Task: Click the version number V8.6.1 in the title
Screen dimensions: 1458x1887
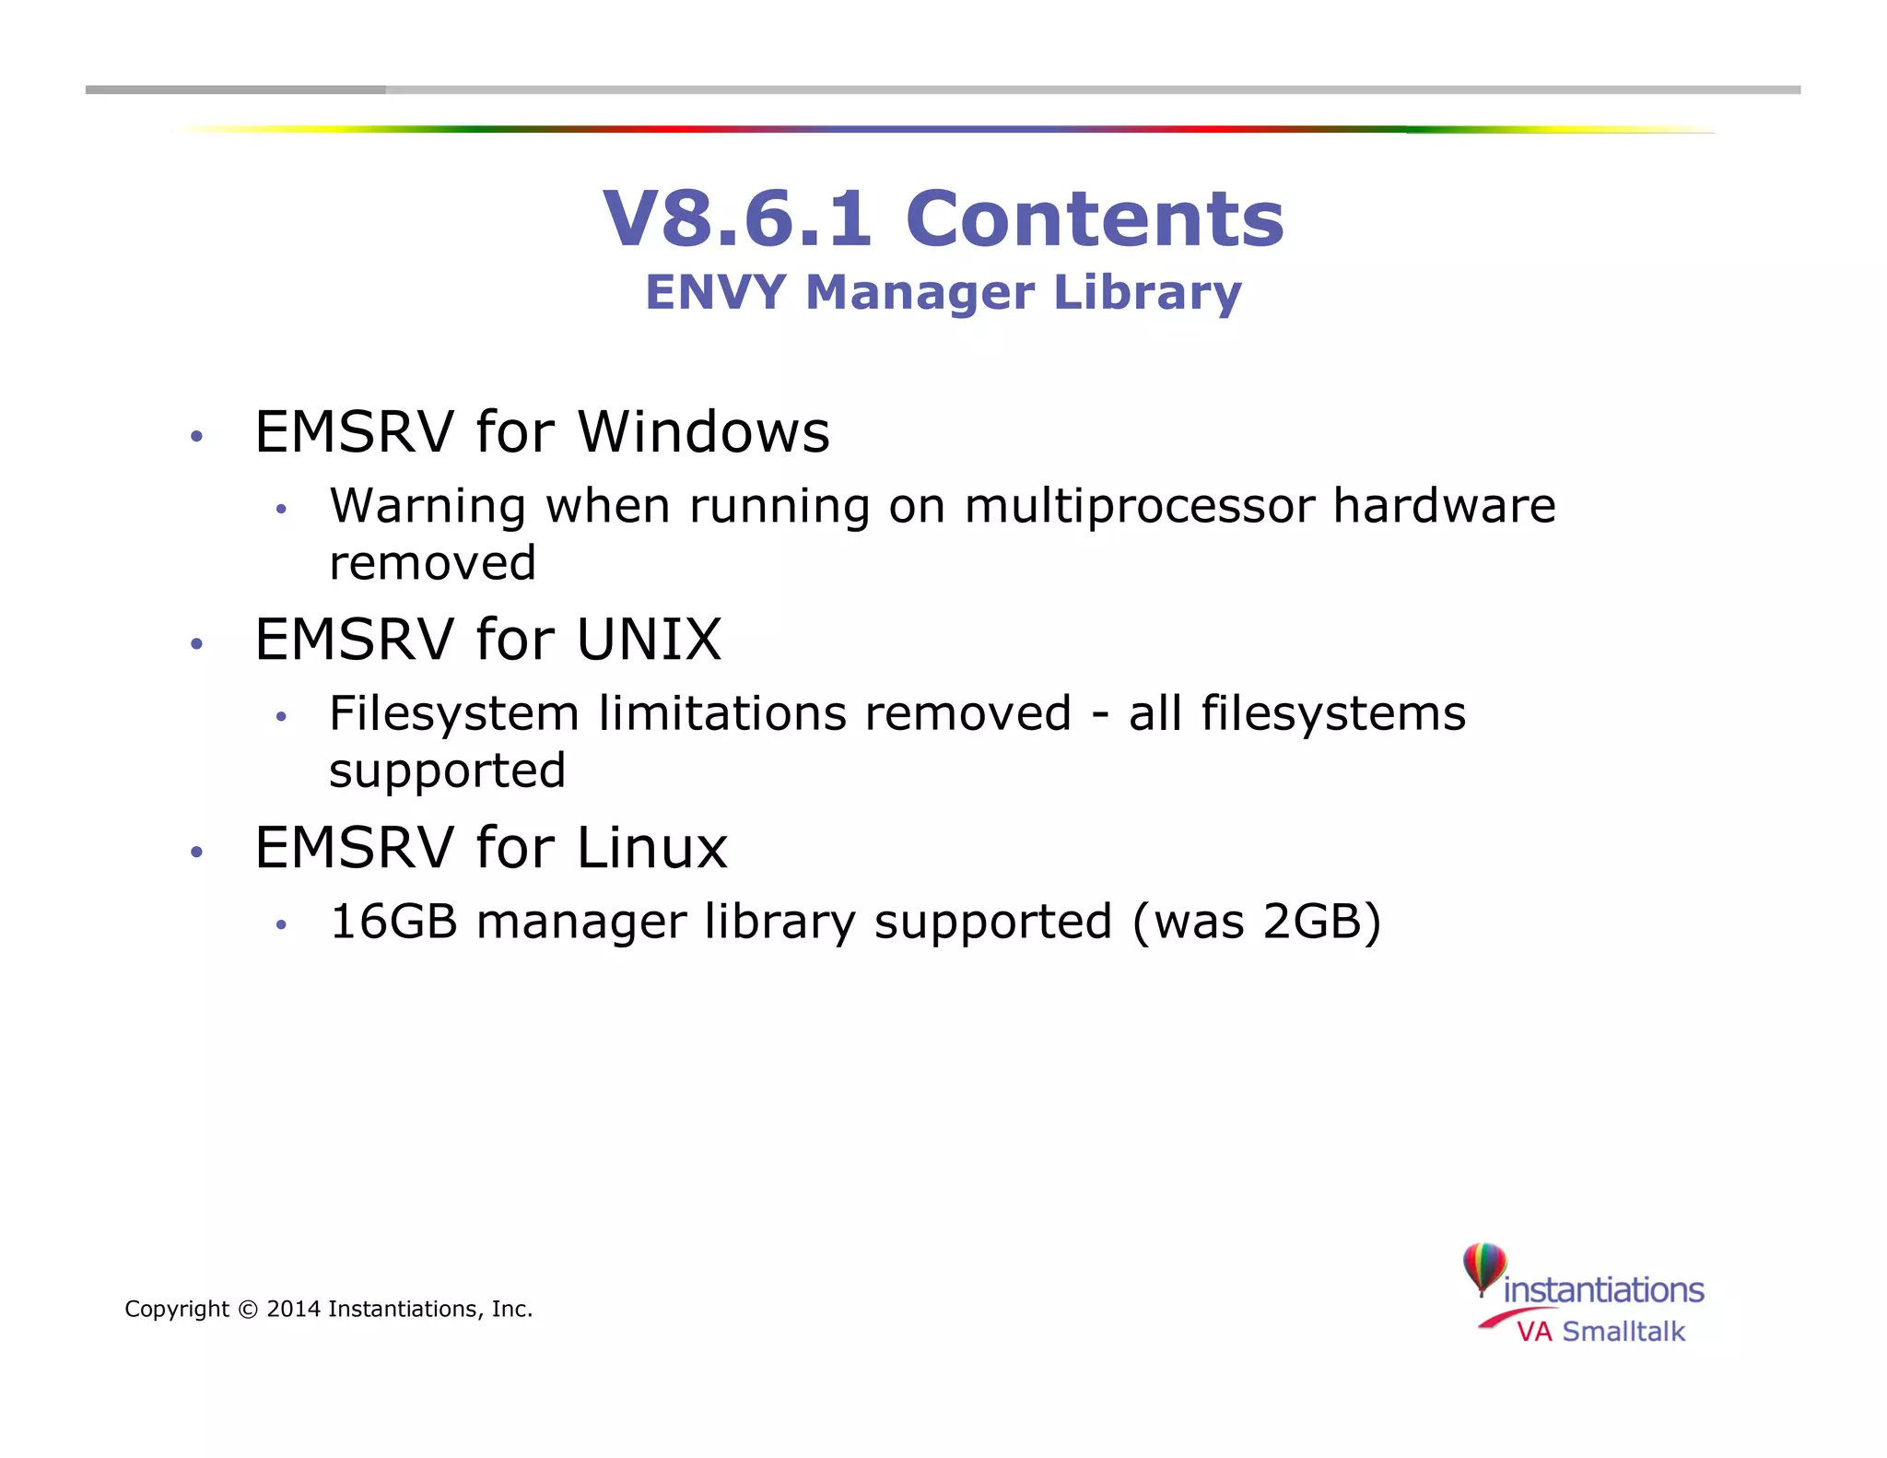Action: coord(736,218)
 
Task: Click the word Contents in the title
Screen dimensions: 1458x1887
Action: coord(1095,218)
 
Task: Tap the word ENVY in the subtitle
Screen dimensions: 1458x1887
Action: coord(716,292)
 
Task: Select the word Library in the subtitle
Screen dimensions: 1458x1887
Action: coord(1147,294)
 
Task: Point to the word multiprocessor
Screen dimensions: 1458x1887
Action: coord(1140,507)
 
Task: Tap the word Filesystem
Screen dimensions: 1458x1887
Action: coord(452,714)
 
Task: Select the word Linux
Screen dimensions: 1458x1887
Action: coord(652,847)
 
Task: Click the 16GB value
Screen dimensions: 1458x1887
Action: coord(393,922)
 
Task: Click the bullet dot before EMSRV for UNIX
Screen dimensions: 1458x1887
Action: coord(195,643)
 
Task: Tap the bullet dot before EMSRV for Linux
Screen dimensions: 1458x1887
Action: coord(195,852)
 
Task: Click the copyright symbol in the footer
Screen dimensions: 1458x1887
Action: coord(248,1310)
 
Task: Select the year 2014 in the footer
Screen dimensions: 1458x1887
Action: coord(293,1310)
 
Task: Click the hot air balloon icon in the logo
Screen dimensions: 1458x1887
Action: coord(1483,1267)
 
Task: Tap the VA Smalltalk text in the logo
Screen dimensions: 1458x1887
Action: coord(1600,1332)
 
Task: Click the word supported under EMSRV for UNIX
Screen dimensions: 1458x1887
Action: coord(447,771)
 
